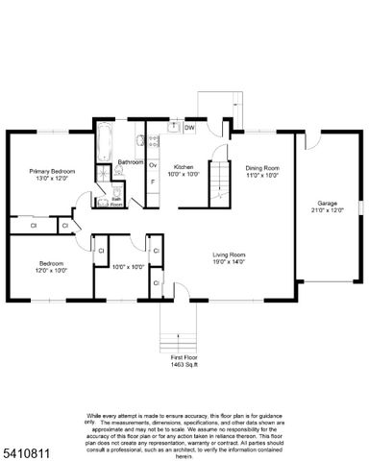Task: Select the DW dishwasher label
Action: [x=189, y=128]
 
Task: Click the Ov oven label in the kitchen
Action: [x=152, y=164]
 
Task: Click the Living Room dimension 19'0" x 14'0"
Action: [x=229, y=261]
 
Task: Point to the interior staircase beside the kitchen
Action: [x=222, y=182]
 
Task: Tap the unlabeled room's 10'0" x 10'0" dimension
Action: [x=127, y=267]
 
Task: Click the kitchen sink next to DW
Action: [x=174, y=127]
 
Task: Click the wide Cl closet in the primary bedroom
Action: [x=33, y=226]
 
